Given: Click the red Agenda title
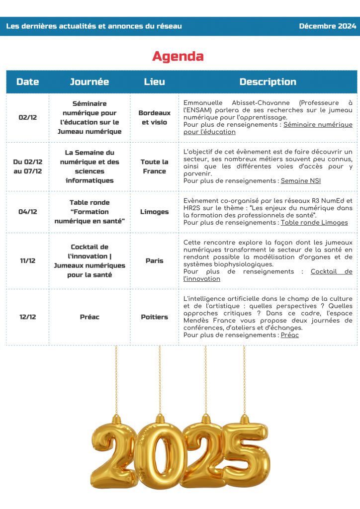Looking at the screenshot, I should point(178,56).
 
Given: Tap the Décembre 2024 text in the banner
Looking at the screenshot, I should point(327,26).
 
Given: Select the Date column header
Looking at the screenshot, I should point(27,82).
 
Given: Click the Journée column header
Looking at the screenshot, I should point(90,82).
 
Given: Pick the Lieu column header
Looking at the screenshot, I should point(154,82).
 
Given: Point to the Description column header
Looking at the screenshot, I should point(268,82).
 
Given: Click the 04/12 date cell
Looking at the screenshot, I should point(27,212).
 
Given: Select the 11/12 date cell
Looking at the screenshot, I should point(27,260).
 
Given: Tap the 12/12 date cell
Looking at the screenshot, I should point(27,317).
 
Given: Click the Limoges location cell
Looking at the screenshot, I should point(154,212).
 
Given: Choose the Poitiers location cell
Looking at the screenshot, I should point(154,317).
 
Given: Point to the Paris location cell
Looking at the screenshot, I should point(154,260).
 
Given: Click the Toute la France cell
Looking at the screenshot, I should point(154,167).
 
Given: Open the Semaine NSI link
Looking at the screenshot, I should point(301,181).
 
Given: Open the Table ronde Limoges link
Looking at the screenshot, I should point(314,223).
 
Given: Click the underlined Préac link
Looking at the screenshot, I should point(289,335).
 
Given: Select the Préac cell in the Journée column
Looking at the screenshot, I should point(90,317).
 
